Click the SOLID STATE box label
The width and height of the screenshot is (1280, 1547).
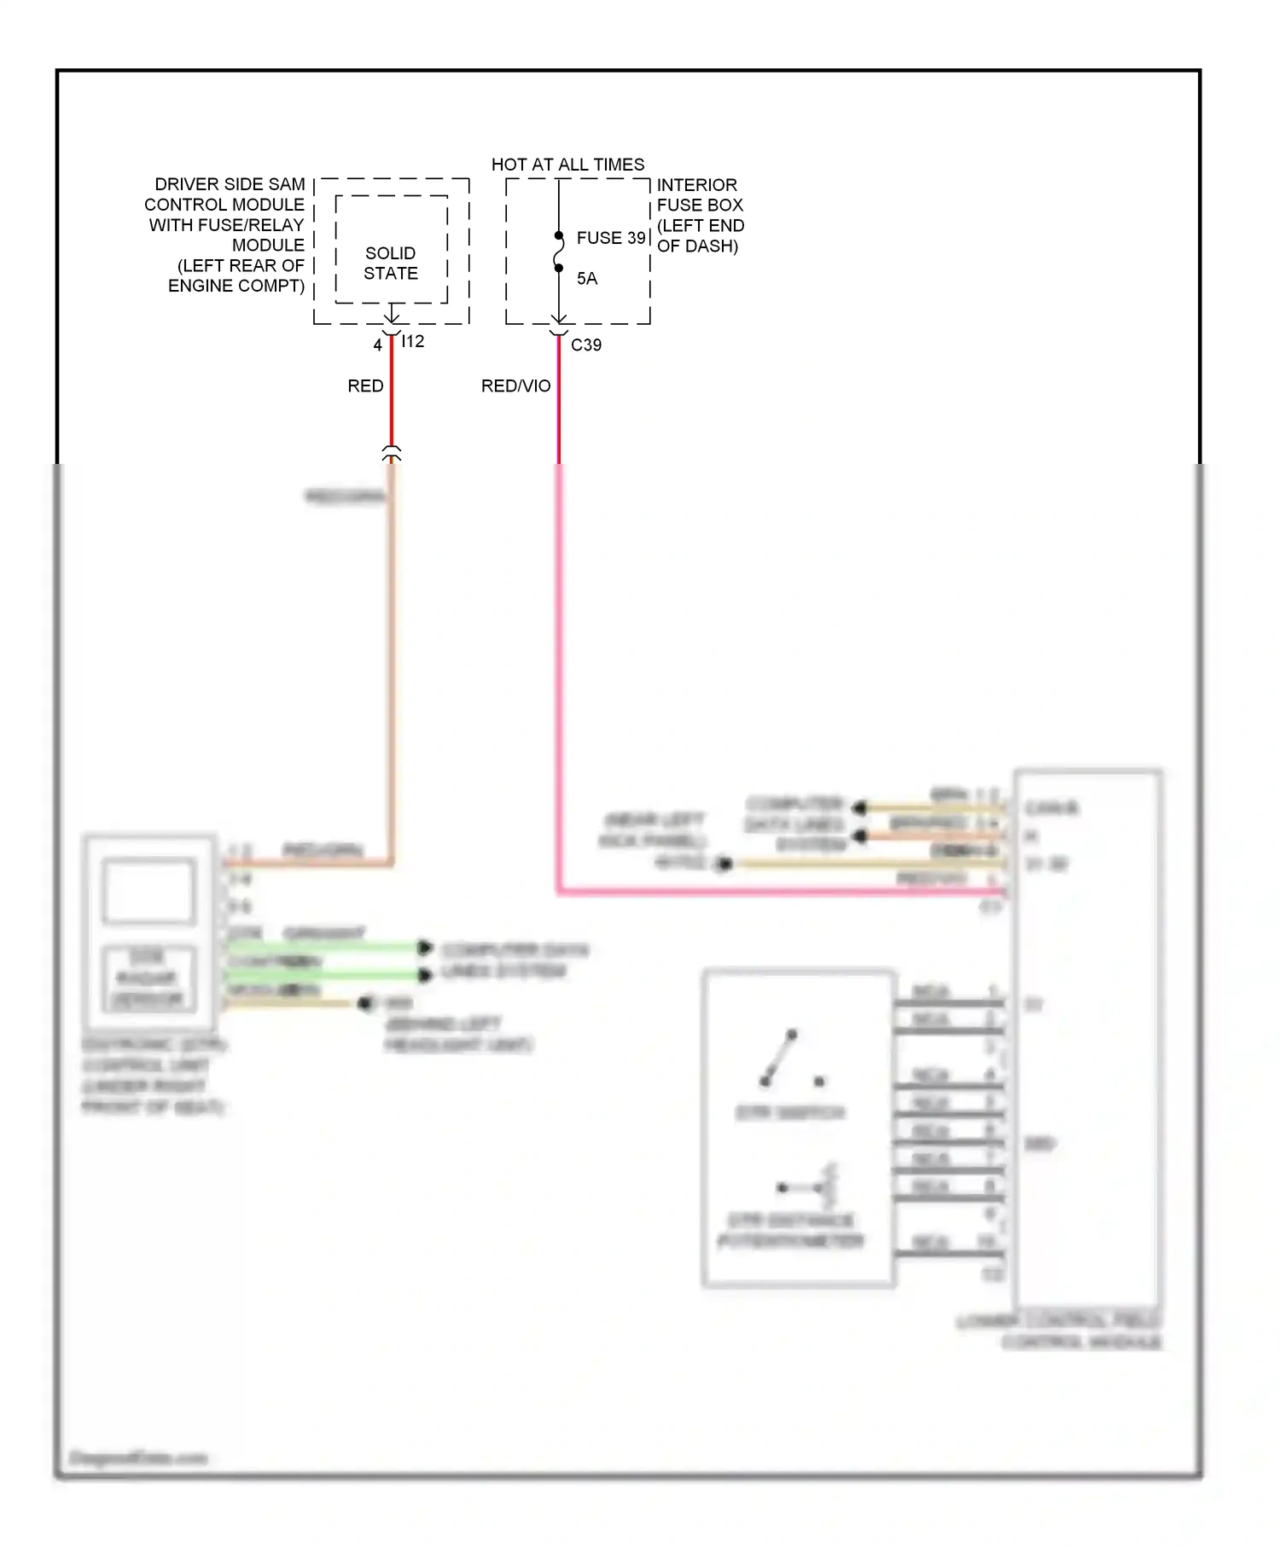pyautogui.click(x=391, y=263)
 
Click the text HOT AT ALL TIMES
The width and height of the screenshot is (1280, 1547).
pyautogui.click(x=567, y=165)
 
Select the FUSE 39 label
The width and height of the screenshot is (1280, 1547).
pyautogui.click(x=611, y=238)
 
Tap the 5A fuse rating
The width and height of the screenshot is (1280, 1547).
pyautogui.click(x=587, y=279)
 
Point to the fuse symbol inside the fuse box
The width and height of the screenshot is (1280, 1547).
pyautogui.click(x=559, y=252)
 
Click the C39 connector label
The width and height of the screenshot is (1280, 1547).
pyautogui.click(x=586, y=345)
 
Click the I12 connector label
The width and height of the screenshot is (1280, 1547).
pyautogui.click(x=413, y=341)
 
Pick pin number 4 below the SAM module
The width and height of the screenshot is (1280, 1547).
pyautogui.click(x=377, y=345)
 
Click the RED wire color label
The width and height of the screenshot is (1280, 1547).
pyautogui.click(x=365, y=386)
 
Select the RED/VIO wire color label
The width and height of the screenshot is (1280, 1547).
pyautogui.click(x=515, y=386)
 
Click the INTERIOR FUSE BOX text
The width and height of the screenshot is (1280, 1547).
pyautogui.click(x=700, y=195)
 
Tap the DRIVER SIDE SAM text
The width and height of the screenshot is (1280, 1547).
pyautogui.click(x=230, y=184)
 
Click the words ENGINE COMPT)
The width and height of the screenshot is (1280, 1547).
pyautogui.click(x=236, y=286)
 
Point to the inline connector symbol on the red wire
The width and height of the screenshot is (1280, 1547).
pyautogui.click(x=392, y=453)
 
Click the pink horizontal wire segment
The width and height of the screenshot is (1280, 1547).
pyautogui.click(x=768, y=892)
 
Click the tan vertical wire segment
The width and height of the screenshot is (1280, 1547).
pyautogui.click(x=393, y=665)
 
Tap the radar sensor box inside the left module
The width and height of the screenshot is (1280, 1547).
pyautogui.click(x=148, y=978)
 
